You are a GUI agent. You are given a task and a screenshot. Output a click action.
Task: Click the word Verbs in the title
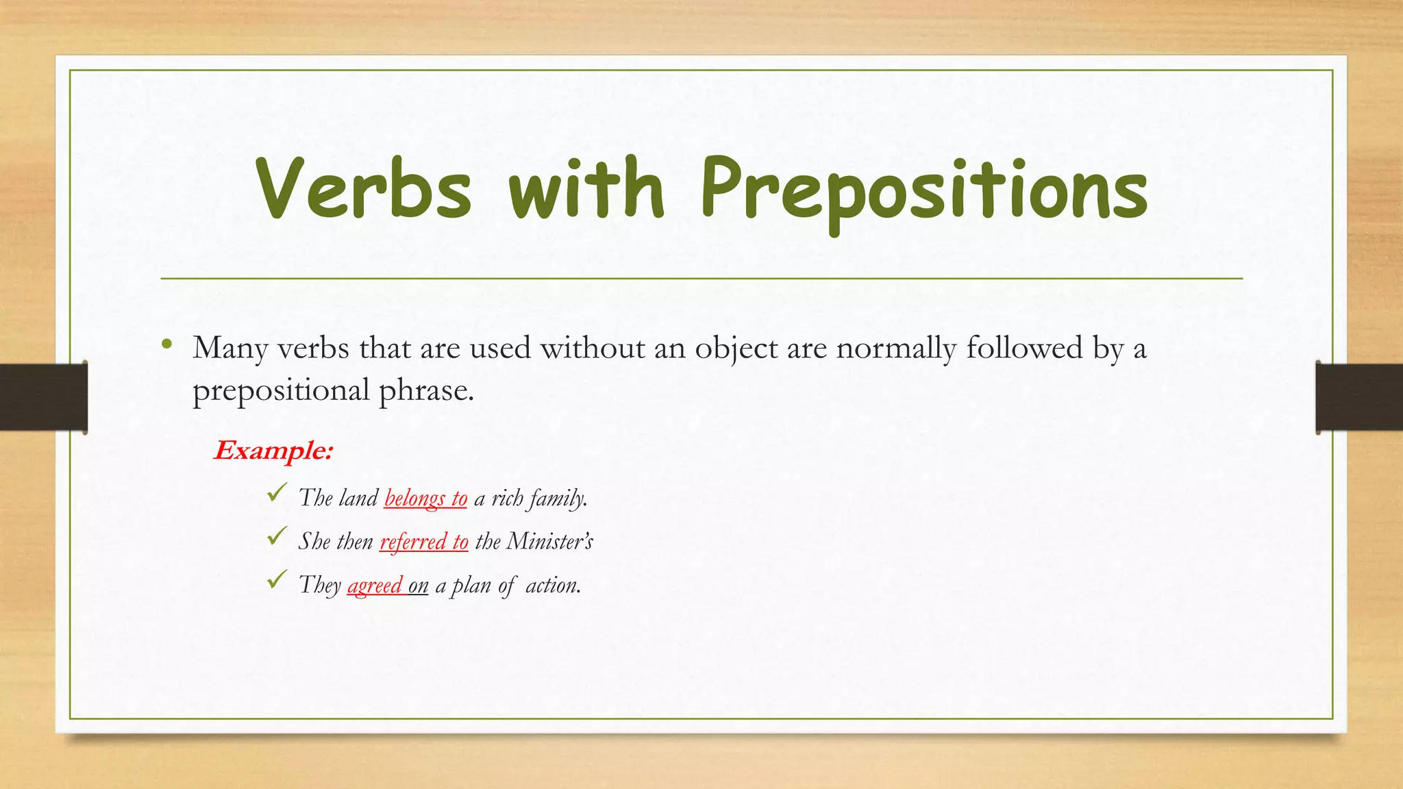(x=364, y=188)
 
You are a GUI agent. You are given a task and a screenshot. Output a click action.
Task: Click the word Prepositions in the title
(x=923, y=190)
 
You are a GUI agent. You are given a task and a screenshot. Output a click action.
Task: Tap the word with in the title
(x=586, y=188)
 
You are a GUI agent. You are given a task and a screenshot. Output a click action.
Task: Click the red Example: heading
(x=273, y=451)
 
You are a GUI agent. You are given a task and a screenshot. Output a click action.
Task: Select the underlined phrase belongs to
(x=425, y=498)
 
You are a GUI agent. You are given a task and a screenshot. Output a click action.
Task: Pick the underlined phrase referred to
(x=423, y=542)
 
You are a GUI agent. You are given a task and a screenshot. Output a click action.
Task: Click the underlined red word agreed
(x=375, y=586)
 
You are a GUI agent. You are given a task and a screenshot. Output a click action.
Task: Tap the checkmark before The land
(x=277, y=492)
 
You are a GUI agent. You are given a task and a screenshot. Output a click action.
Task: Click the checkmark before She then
(x=277, y=536)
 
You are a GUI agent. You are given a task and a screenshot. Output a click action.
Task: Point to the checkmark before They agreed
(x=277, y=580)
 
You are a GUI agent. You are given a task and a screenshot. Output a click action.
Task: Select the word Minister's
(x=549, y=542)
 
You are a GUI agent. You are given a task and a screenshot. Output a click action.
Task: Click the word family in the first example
(x=556, y=498)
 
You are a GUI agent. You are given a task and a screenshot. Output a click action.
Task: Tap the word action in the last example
(x=552, y=586)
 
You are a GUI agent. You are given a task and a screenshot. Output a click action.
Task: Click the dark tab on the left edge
(x=43, y=397)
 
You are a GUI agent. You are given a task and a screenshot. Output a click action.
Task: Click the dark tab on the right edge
(x=1359, y=397)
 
